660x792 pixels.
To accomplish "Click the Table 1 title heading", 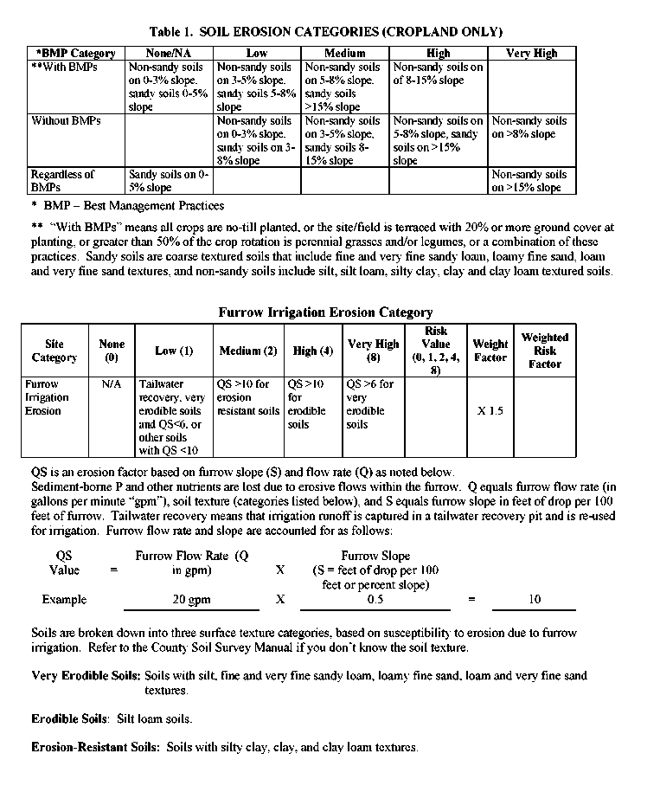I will pyautogui.click(x=325, y=32).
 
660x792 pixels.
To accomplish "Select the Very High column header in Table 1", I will pyautogui.click(x=531, y=53).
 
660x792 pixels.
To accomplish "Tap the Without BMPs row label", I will pyautogui.click(x=66, y=121).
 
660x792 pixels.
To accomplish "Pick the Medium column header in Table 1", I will pyautogui.click(x=344, y=53).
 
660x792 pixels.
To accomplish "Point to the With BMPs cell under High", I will pyautogui.click(x=438, y=74).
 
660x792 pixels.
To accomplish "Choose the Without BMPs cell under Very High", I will pyautogui.click(x=529, y=127).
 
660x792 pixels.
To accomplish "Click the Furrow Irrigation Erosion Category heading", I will pyautogui.click(x=325, y=312).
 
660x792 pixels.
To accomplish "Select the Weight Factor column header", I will pyautogui.click(x=490, y=351).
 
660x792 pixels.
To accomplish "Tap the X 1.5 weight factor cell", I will pyautogui.click(x=490, y=410).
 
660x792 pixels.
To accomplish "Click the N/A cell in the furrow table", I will pyautogui.click(x=112, y=383).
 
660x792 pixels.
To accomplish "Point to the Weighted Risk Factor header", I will pyautogui.click(x=544, y=351).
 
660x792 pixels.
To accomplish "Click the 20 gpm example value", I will pyautogui.click(x=191, y=599).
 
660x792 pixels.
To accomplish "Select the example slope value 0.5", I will pyautogui.click(x=375, y=599).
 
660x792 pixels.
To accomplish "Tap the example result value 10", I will pyautogui.click(x=535, y=599).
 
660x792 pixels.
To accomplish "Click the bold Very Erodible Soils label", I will pyautogui.click(x=86, y=675).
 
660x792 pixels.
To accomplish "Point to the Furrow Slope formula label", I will pyautogui.click(x=375, y=556).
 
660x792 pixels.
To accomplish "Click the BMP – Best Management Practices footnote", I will pyautogui.click(x=127, y=206).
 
